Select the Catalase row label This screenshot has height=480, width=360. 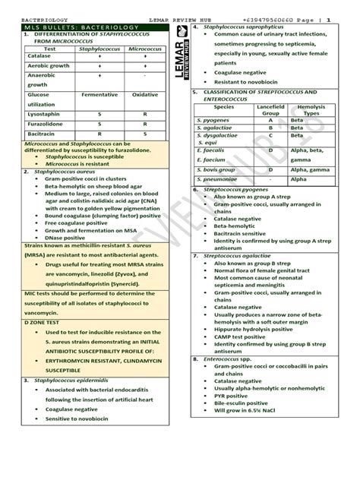(37, 55)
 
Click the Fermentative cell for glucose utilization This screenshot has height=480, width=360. (99, 95)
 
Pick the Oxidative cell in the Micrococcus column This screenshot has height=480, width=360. (144, 95)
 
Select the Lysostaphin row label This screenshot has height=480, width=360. (42, 112)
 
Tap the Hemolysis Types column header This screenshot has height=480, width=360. (311, 111)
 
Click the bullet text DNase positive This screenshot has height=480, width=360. (68, 238)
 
